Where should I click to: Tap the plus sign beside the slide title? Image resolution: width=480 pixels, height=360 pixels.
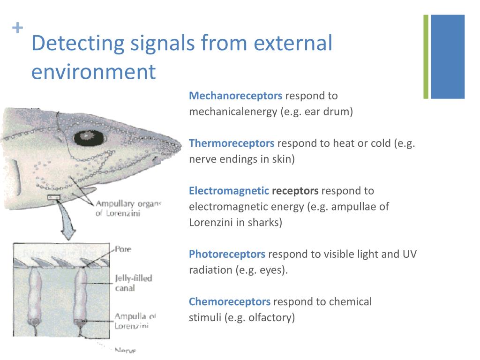(x=17, y=29)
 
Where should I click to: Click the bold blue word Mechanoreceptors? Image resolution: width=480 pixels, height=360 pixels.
(x=235, y=96)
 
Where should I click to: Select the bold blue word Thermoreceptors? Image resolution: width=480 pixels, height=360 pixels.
(x=232, y=143)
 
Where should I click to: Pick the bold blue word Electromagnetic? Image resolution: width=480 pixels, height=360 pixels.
(x=229, y=191)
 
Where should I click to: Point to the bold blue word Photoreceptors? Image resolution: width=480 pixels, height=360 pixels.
(x=227, y=254)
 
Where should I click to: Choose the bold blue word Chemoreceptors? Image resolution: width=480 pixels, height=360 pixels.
(x=230, y=302)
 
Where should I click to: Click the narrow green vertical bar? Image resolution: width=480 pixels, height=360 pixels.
(x=426, y=57)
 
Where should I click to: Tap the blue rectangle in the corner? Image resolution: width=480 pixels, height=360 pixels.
(x=448, y=57)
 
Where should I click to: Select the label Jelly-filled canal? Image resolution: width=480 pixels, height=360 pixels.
(x=133, y=283)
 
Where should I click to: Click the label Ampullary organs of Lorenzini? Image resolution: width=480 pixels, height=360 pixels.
(x=127, y=208)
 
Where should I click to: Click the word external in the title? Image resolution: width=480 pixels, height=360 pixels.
(x=294, y=44)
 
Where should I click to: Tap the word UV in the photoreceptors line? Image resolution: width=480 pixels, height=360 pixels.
(x=409, y=254)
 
